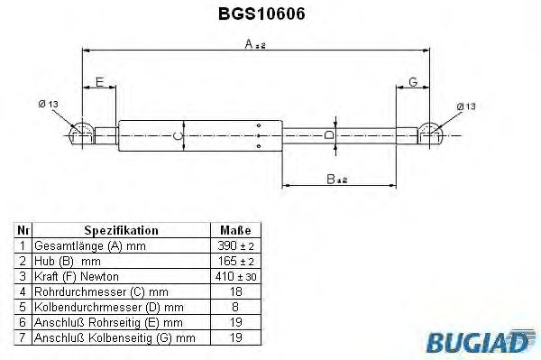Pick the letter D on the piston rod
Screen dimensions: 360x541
click(x=329, y=134)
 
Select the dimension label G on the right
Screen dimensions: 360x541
click(x=412, y=83)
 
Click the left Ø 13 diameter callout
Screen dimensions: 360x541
click(x=48, y=106)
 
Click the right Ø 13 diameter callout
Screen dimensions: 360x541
click(x=466, y=107)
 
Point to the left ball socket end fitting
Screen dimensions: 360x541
click(x=82, y=134)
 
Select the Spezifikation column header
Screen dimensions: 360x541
click(x=121, y=231)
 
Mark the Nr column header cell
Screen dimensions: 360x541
click(x=23, y=231)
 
